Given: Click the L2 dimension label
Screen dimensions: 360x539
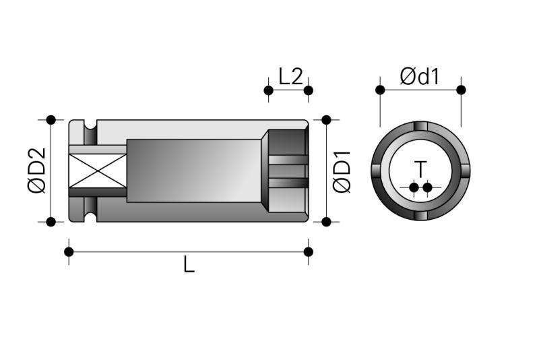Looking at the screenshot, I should (x=290, y=76).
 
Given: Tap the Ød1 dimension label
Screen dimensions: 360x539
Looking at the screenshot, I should (x=419, y=76).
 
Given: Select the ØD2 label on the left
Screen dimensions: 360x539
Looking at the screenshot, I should (x=38, y=171).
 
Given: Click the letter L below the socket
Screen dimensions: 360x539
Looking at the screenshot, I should (x=189, y=264).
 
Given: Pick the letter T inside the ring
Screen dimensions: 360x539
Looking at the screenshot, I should (x=420, y=169).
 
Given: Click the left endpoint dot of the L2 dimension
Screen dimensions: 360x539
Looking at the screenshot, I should (x=268, y=90).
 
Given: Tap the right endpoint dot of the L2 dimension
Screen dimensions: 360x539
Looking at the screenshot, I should (x=309, y=90).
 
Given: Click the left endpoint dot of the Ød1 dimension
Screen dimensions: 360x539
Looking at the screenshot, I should (x=380, y=90).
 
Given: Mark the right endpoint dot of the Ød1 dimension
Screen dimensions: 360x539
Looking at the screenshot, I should (x=462, y=90).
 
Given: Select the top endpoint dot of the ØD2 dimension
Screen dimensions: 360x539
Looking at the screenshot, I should (x=51, y=120).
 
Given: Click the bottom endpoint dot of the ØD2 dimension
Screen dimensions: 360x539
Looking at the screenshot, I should (x=51, y=222).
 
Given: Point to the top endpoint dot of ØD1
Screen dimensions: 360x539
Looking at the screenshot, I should (x=326, y=120).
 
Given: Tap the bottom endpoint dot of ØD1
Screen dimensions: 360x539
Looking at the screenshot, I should (x=326, y=222).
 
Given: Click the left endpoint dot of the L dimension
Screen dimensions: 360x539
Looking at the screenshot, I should (x=69, y=251).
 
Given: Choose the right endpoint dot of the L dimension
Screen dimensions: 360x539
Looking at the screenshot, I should (x=309, y=251).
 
